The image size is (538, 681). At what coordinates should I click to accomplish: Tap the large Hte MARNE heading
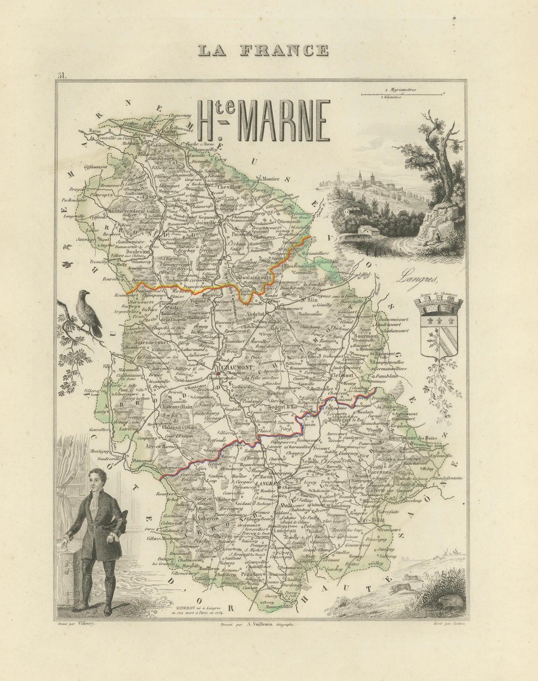tap(263, 123)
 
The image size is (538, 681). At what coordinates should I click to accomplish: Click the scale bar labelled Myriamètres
tap(390, 93)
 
